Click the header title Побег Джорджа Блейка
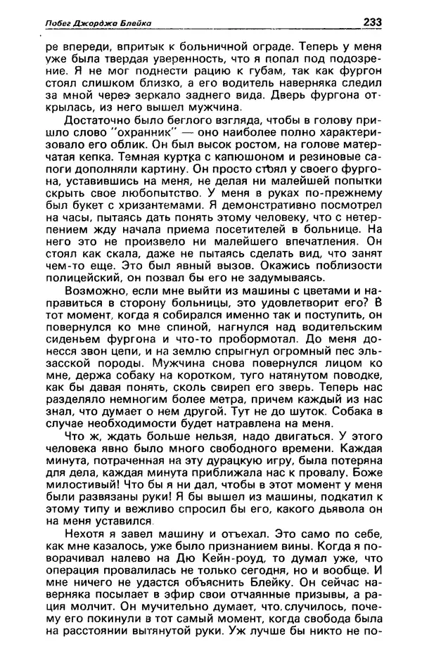[x=89, y=24]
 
